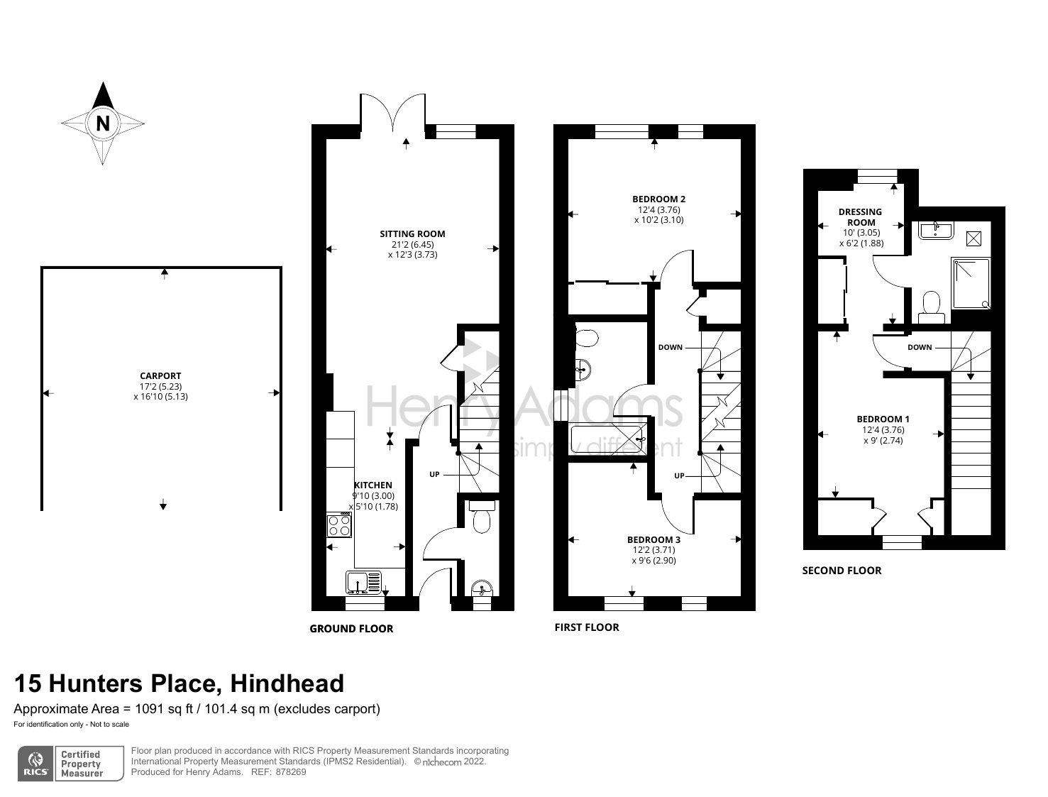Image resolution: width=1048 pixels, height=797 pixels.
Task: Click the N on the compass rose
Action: pos(103,123)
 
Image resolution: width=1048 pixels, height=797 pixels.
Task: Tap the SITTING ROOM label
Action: pos(412,233)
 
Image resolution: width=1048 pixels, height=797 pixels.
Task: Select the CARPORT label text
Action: pos(160,375)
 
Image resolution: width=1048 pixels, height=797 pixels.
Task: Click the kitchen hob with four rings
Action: pos(339,525)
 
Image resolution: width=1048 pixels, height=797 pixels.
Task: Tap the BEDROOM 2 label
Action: pos(658,199)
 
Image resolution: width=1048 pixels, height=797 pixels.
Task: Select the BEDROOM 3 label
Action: pos(653,539)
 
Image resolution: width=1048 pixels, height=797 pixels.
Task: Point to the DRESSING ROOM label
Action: pos(860,216)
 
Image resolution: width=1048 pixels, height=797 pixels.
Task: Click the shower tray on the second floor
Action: pos(971,283)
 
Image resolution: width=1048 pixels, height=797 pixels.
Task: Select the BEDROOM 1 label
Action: pos(883,419)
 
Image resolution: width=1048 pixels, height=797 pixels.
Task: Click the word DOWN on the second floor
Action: pos(920,347)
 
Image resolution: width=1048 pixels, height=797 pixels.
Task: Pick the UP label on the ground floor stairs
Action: pos(434,474)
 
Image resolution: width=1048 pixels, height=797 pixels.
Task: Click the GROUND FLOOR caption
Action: pos(351,628)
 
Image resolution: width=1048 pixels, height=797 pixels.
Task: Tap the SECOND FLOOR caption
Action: pos(842,571)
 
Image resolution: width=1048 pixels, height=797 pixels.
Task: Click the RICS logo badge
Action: pos(35,764)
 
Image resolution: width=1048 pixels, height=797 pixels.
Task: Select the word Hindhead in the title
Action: pos(287,683)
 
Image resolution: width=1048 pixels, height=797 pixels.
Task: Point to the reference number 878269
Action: pos(292,772)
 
